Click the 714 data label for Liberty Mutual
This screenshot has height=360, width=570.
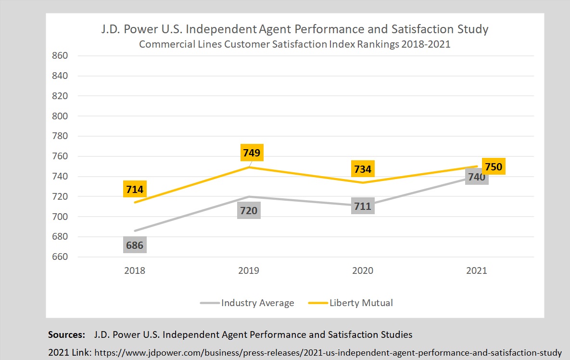click(135, 189)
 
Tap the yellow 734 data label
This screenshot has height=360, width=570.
click(363, 169)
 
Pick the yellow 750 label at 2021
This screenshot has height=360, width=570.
click(493, 167)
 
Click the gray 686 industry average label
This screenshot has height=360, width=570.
click(135, 245)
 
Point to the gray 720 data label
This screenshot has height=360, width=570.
click(249, 210)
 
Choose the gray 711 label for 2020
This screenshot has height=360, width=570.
click(363, 206)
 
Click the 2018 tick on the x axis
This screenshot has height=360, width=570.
click(135, 270)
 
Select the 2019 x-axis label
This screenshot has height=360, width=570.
click(249, 270)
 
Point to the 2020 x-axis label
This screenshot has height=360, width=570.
click(363, 270)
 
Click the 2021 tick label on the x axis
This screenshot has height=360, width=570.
click(477, 270)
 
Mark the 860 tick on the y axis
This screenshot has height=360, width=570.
click(60, 56)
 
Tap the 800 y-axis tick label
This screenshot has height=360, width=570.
click(60, 116)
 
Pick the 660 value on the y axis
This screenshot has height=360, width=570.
click(60, 257)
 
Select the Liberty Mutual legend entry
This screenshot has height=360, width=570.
click(361, 303)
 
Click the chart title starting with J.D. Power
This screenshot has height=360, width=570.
click(295, 29)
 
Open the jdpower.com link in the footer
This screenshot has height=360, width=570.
click(328, 353)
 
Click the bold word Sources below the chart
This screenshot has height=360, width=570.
click(66, 334)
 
